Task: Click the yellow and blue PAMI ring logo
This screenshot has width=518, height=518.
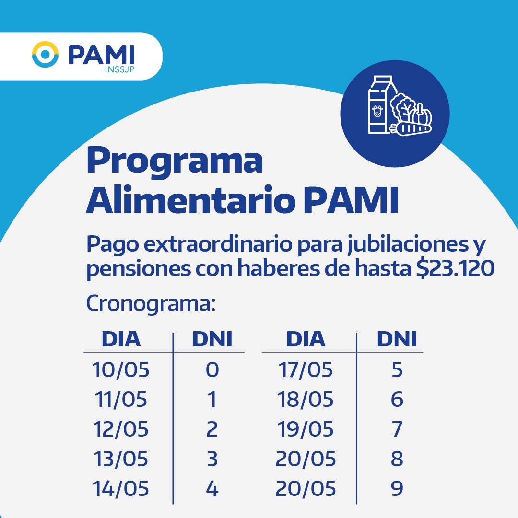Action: pos(45,55)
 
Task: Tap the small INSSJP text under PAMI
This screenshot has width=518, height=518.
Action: pos(119,69)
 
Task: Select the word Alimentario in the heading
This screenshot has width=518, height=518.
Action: pos(191,200)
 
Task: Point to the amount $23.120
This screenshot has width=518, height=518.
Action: pos(455,268)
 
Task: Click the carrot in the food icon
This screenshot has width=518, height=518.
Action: pos(411,128)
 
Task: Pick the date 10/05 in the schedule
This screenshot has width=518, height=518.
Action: pos(121,369)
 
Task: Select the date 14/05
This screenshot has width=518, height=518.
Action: pos(121,489)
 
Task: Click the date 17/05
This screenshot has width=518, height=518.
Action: pos(306,369)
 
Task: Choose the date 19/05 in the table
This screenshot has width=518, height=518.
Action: pos(305,429)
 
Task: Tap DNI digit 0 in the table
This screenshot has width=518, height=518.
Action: pos(212,369)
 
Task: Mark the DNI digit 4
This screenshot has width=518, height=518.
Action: pos(212,489)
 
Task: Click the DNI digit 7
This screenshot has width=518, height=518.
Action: pos(397,429)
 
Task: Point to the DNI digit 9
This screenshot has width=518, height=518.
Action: pos(397,489)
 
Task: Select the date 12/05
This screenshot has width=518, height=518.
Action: pos(121,429)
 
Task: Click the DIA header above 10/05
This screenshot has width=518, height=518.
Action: pos(121,339)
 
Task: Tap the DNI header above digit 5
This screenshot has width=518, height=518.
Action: pos(397,339)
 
